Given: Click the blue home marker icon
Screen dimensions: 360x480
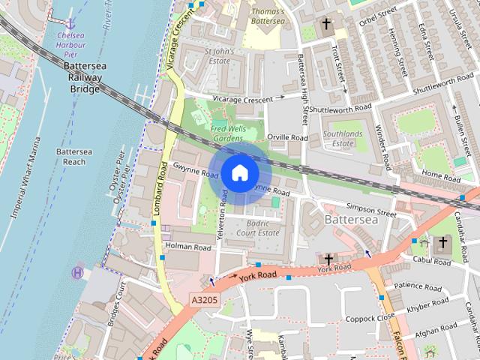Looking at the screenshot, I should [x=239, y=172].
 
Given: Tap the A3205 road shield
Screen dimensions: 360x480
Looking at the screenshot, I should [x=203, y=299].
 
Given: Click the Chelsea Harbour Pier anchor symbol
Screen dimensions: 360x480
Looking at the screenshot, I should [x=72, y=24].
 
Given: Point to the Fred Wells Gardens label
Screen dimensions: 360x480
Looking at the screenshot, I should [x=228, y=132].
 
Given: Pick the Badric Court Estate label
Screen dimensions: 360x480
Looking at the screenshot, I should [x=259, y=228].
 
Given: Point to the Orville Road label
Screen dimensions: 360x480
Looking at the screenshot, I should [x=287, y=138].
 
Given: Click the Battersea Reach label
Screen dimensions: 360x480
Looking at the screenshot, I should [x=74, y=156].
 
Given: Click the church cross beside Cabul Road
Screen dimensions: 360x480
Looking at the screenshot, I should [x=442, y=242].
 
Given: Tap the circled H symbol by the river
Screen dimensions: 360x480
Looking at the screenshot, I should [x=77, y=273].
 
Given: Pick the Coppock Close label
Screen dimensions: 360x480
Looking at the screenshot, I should [x=370, y=318].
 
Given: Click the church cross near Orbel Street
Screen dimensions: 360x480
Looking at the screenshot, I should [x=326, y=25].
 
